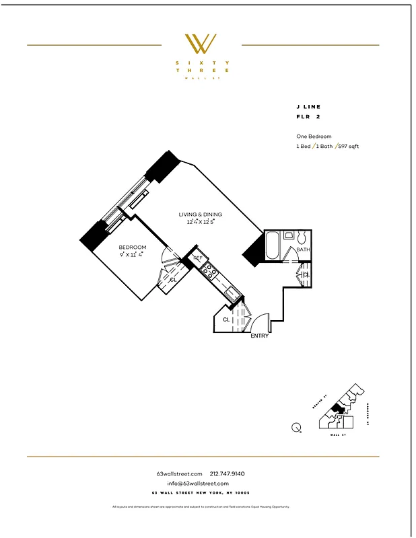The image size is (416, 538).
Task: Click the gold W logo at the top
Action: click(201, 44)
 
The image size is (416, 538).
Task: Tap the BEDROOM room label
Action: click(132, 247)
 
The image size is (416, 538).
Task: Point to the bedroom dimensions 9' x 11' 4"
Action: click(133, 254)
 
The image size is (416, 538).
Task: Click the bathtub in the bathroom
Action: click(272, 246)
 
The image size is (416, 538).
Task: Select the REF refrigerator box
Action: click(198, 258)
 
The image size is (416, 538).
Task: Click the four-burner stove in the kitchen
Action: click(209, 271)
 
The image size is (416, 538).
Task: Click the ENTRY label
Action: click(259, 336)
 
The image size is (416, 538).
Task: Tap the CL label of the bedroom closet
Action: click(173, 279)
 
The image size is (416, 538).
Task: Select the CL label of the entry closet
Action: click(226, 319)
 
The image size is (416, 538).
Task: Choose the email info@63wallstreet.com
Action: click(198, 484)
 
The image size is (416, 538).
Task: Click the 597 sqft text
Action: click(349, 146)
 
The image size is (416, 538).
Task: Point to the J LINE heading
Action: click(308, 106)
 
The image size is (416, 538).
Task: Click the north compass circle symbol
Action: click(297, 426)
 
